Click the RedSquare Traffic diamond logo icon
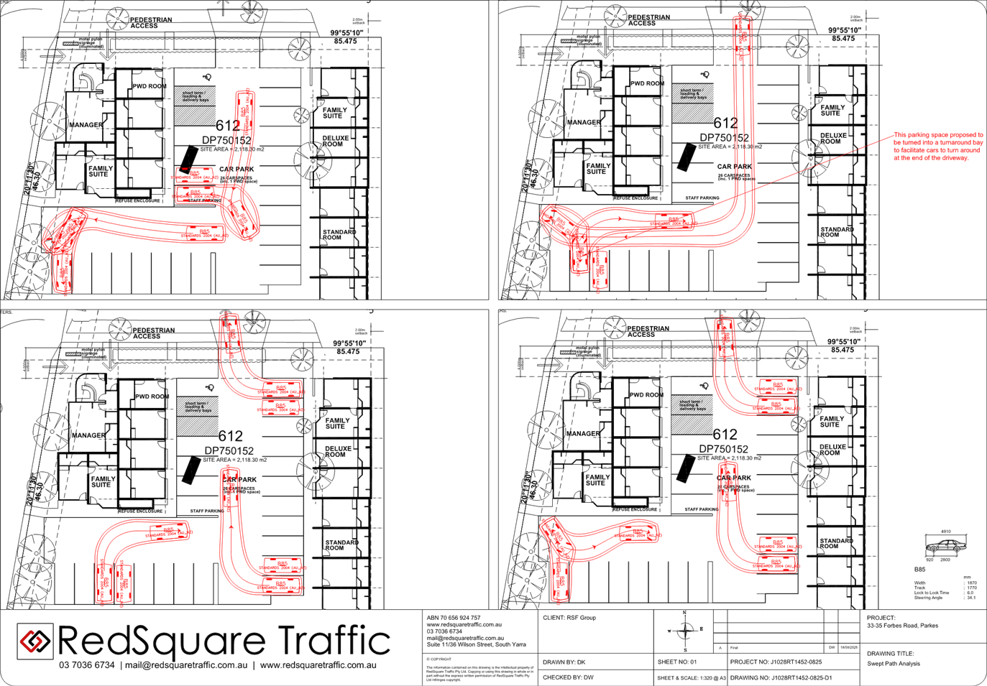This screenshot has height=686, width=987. [x=35, y=640]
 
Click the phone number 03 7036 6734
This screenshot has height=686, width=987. [x=86, y=666]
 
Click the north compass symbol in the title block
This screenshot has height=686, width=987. [x=684, y=631]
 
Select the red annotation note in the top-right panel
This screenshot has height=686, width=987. [x=938, y=146]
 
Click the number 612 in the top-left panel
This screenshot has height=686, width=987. [x=227, y=126]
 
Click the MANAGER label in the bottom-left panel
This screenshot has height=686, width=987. [x=88, y=435]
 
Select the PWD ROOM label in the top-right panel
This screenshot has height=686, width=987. [x=647, y=83]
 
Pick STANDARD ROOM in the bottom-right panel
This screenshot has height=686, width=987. [x=836, y=543]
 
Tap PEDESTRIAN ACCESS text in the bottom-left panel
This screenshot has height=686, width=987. [x=152, y=333]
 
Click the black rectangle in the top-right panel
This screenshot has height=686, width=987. [x=687, y=157]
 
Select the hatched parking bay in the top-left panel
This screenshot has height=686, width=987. [x=195, y=105]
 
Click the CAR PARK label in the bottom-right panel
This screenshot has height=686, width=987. [x=734, y=478]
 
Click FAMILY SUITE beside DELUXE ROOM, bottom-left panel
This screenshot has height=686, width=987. [x=336, y=424]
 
